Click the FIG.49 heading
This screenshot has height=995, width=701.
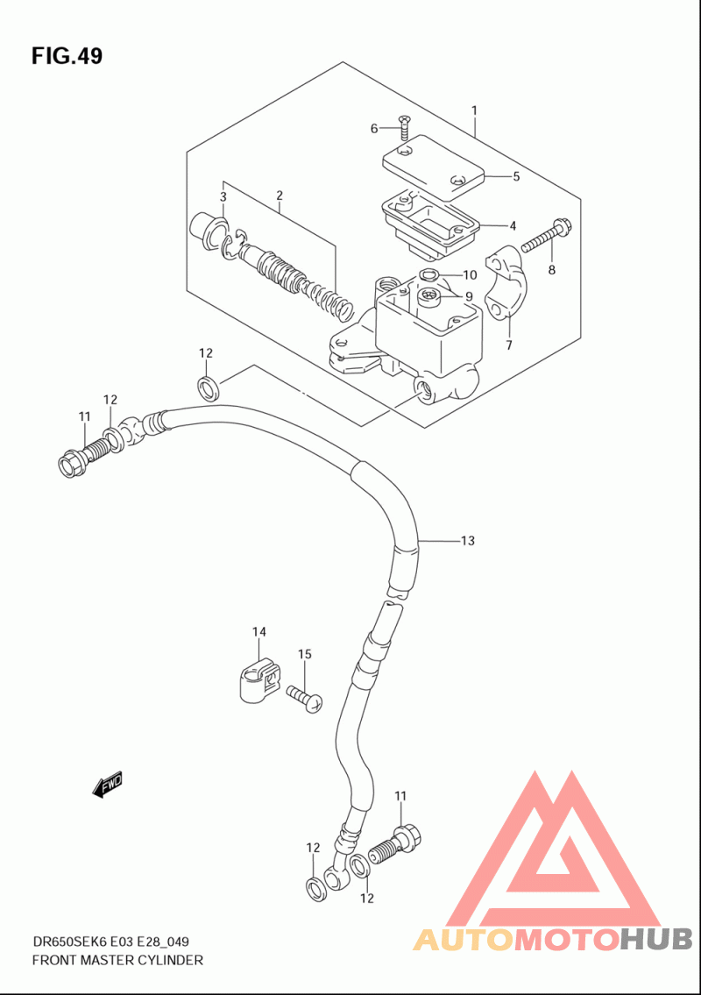coord(67,56)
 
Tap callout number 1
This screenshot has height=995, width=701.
coord(474,110)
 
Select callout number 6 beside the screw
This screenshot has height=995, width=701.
coord(374,129)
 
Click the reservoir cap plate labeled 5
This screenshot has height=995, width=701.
coord(433,163)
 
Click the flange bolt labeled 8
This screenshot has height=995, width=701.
coord(547,235)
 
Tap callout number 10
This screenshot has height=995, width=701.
coord(470,274)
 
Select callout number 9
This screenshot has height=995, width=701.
coord(469,296)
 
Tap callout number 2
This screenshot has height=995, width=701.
coord(280,195)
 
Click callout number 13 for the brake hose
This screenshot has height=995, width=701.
coord(468,541)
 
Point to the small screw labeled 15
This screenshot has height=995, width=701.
coord(305,697)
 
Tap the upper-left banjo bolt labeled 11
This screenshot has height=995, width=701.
coord(82,458)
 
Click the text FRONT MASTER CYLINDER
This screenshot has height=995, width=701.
coord(117,960)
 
